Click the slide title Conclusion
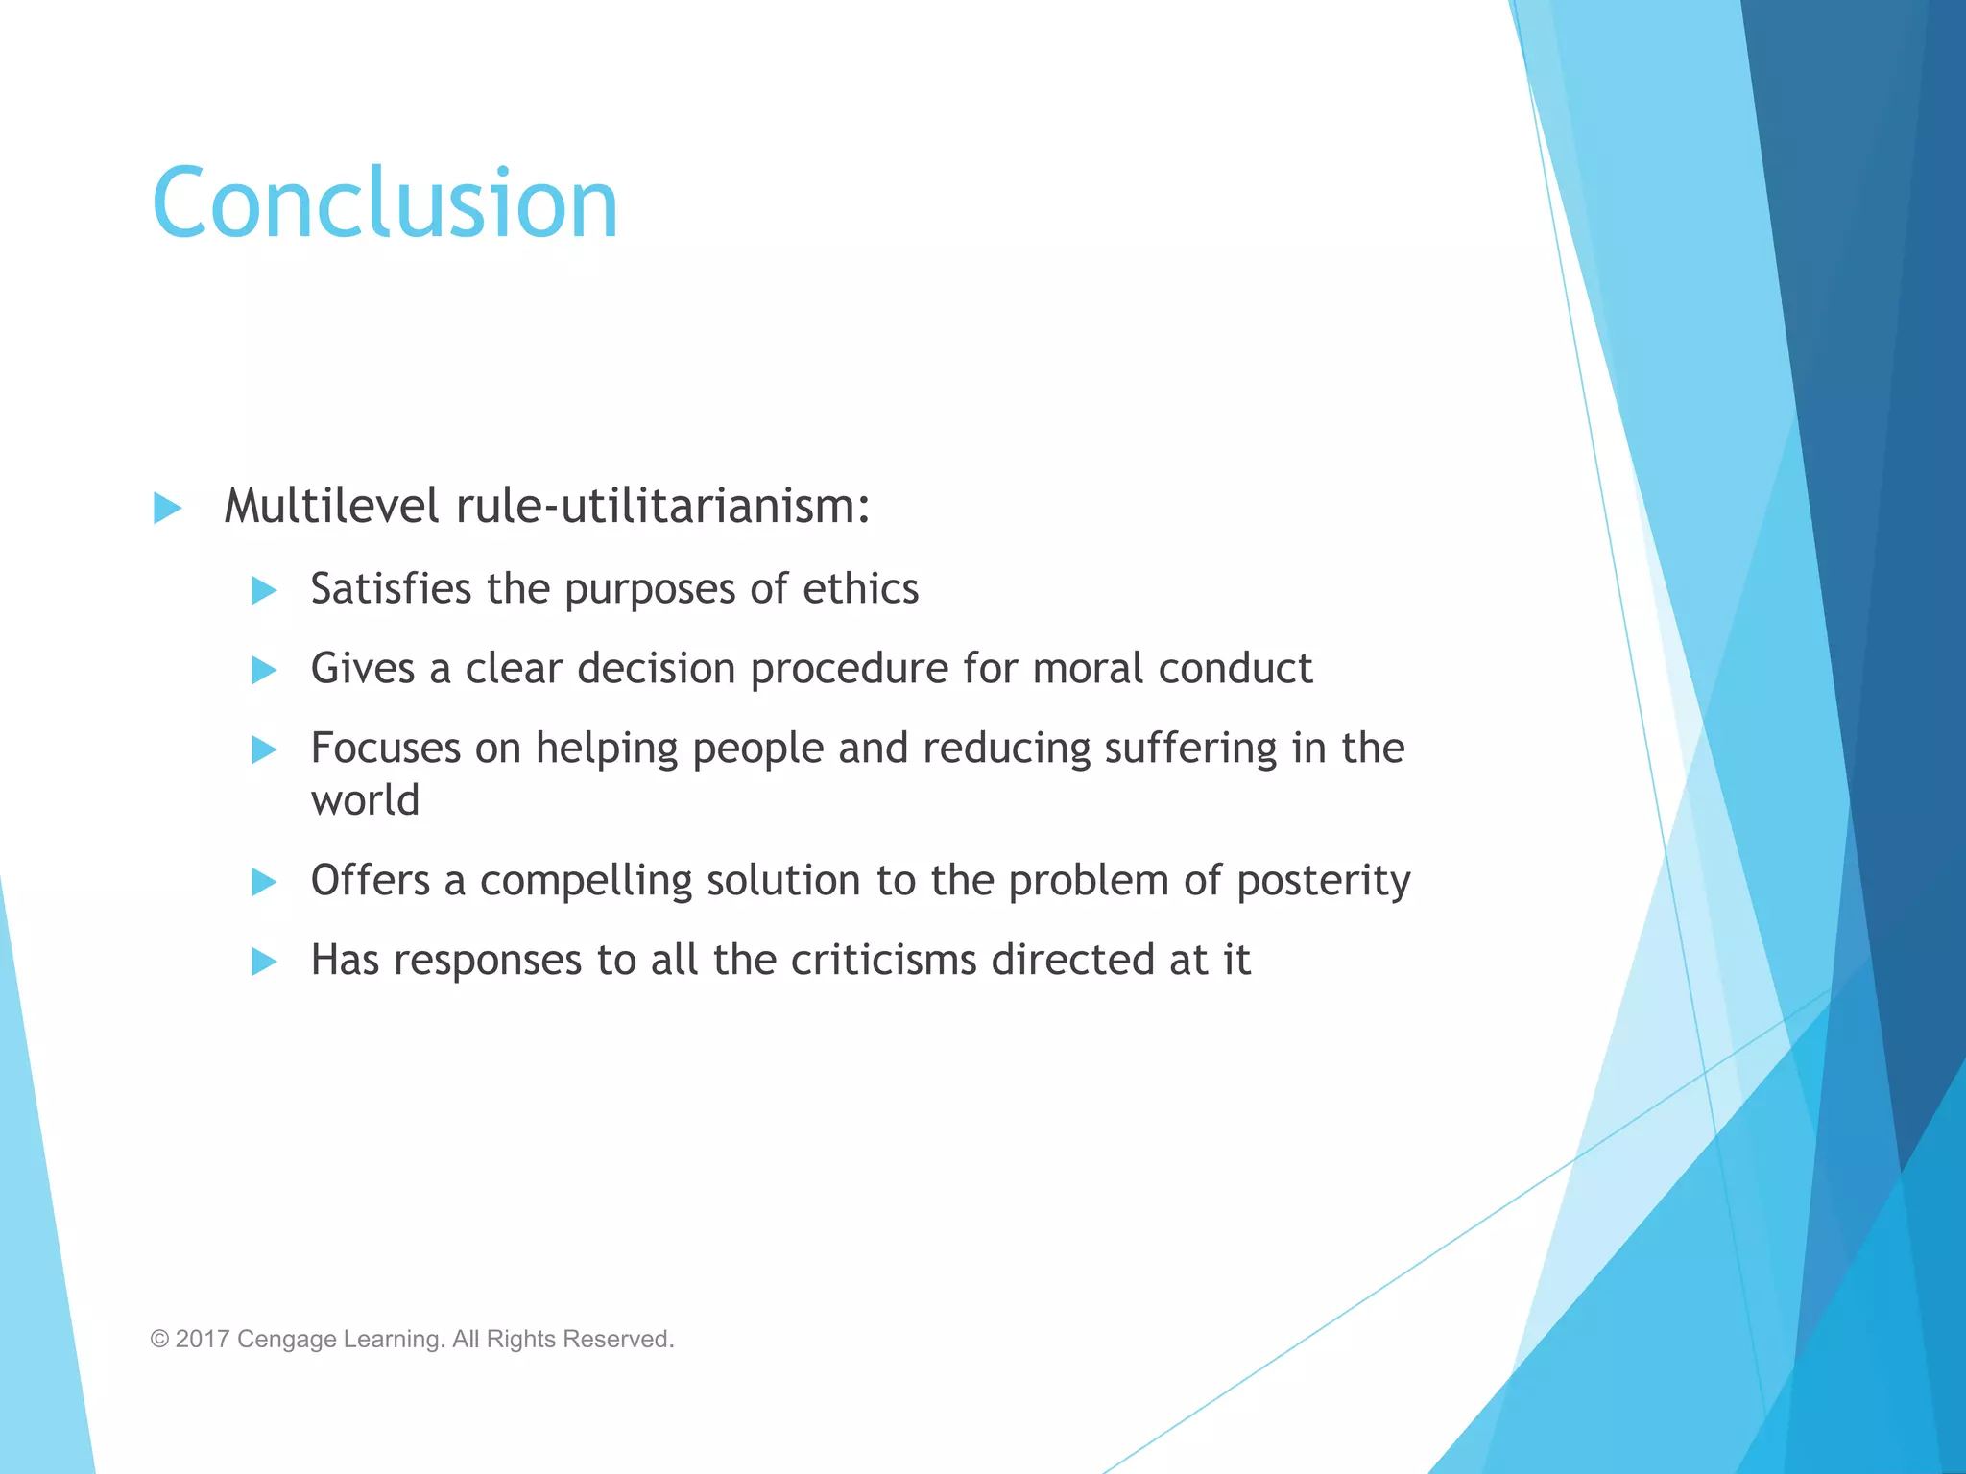pos(385,203)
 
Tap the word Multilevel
pos(332,506)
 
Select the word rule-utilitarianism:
pos(663,506)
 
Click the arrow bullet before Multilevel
pos(168,508)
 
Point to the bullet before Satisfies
pos(264,590)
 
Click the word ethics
pos(860,588)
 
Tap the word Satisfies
pos(391,588)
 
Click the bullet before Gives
pos(264,670)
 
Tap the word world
pos(365,800)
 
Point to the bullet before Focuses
pos(264,749)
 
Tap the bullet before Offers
pos(264,881)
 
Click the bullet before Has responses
pos(264,961)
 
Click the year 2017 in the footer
pos(203,1339)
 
